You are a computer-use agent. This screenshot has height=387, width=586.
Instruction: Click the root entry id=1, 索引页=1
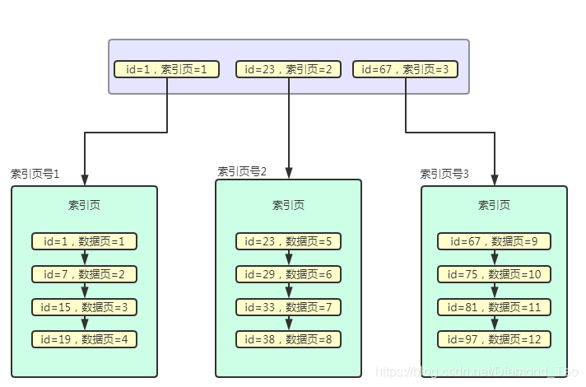coord(167,69)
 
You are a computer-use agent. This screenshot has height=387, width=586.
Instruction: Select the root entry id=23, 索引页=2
coord(288,69)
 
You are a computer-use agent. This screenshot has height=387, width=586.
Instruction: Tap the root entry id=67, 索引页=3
coord(405,69)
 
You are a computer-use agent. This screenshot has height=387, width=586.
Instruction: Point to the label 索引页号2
coord(242,171)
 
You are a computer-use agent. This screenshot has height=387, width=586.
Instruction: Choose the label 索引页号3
coord(444,174)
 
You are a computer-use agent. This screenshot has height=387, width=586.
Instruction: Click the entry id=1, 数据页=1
coord(84,241)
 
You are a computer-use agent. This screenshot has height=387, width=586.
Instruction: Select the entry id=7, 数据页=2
coord(84,274)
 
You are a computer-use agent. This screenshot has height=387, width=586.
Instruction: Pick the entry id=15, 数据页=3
coord(84,307)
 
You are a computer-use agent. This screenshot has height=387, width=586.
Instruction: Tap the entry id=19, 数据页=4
coord(84,338)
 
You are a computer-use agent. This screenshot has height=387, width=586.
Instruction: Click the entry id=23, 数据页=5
coord(288,241)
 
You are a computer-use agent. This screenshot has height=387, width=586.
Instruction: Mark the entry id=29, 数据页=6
coord(288,274)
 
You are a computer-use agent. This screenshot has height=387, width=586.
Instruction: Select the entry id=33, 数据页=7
coord(288,307)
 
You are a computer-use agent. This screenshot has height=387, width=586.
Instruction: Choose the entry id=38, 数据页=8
coord(288,338)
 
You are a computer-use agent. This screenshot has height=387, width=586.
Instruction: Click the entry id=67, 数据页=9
coord(494,241)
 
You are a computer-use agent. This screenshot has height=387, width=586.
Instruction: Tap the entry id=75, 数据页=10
coord(494,274)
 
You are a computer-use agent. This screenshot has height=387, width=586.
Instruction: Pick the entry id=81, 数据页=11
coord(494,307)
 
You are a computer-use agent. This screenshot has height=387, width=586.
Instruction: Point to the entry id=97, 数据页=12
coord(494,338)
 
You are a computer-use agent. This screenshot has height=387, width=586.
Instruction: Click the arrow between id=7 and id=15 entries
coord(84,291)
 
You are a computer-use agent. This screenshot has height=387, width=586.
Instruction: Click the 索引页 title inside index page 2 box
coord(288,205)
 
